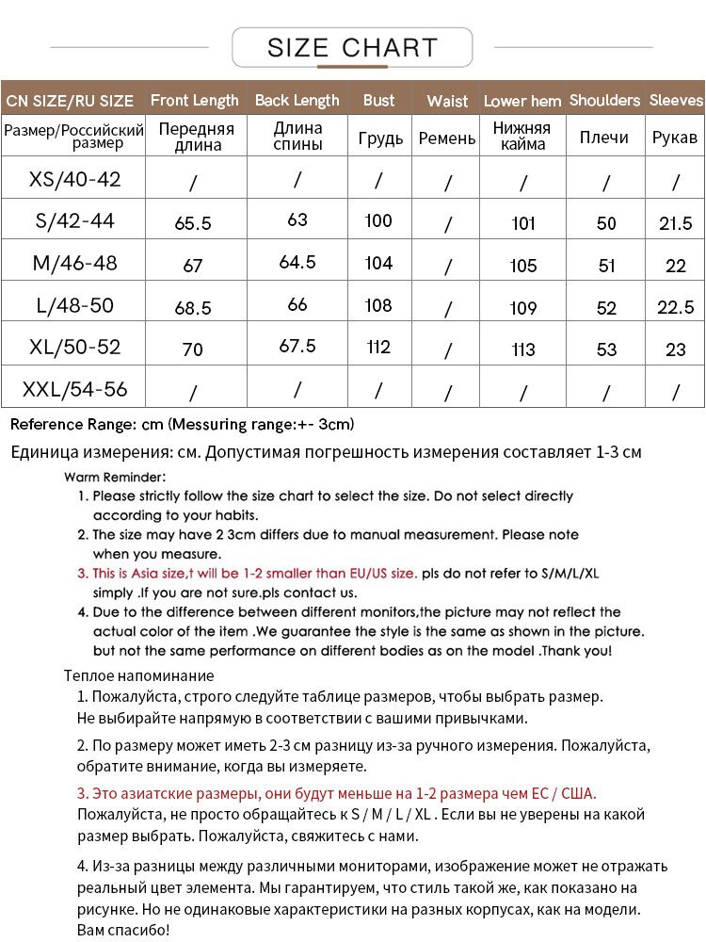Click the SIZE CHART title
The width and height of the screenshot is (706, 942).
click(352, 47)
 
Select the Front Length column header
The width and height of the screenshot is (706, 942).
click(195, 100)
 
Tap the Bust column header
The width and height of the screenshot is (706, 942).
click(378, 100)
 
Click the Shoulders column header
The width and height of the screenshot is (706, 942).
click(604, 100)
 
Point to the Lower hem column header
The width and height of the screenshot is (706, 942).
click(522, 101)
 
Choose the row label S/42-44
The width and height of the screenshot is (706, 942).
click(74, 220)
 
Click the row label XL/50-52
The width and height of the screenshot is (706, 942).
click(75, 347)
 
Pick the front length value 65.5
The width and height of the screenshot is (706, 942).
click(193, 223)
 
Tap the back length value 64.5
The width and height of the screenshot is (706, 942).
click(297, 263)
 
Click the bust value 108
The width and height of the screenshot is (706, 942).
click(378, 305)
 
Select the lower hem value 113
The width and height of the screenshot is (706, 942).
click(523, 350)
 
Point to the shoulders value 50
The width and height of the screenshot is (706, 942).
click(606, 223)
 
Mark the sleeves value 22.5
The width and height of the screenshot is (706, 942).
click(675, 308)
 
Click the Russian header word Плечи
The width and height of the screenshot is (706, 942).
click(604, 138)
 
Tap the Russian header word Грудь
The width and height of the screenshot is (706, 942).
click(380, 138)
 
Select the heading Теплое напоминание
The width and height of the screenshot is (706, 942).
click(138, 675)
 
